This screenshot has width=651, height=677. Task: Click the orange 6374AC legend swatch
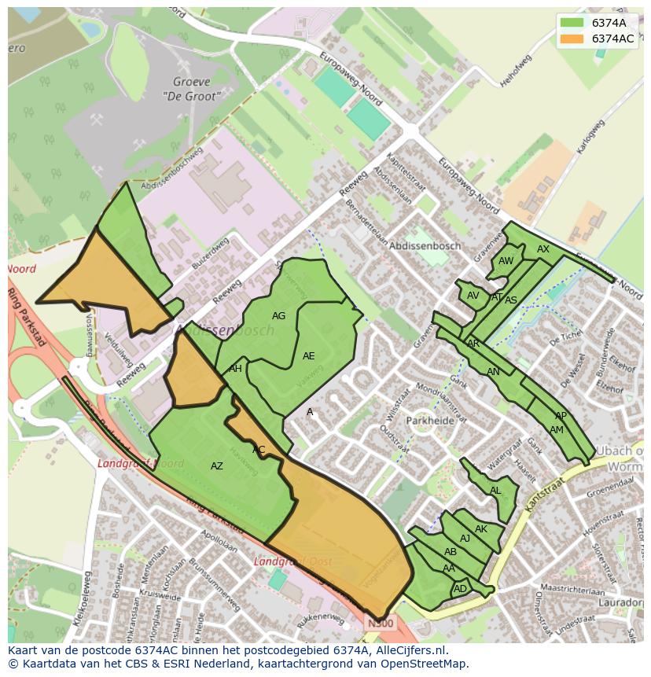tap(573, 39)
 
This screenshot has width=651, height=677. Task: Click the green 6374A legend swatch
tap(573, 23)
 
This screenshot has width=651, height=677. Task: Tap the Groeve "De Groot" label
tap(192, 89)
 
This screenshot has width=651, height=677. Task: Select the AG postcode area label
tap(278, 316)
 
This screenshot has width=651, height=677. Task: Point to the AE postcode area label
tap(308, 356)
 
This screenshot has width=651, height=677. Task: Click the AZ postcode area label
tap(217, 466)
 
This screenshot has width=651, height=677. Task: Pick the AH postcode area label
tap(235, 369)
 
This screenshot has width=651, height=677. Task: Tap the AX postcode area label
tap(543, 249)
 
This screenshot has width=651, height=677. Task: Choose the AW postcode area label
tap(506, 261)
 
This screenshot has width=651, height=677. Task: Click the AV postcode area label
tap(473, 296)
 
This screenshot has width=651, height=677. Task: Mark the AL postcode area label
tap(495, 491)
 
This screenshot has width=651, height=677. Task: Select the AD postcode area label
tap(460, 589)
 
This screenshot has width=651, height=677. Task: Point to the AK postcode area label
tap(481, 529)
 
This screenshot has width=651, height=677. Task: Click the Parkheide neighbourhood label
tap(431, 421)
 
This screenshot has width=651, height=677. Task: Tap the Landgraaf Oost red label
tap(292, 562)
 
